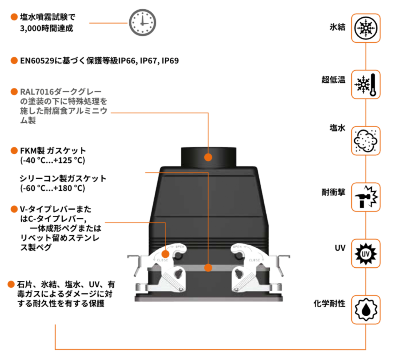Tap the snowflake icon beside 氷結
click(366, 28)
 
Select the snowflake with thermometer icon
click(366, 85)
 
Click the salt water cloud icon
click(366, 141)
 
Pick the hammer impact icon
click(366, 197)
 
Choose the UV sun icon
click(366, 253)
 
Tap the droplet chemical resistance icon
click(366, 310)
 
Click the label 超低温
click(334, 80)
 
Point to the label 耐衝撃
click(334, 192)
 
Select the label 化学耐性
click(329, 304)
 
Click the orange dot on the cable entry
click(208, 157)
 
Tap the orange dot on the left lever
click(165, 254)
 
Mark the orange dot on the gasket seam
click(208, 267)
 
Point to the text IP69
click(170, 61)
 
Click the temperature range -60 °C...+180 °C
click(52, 188)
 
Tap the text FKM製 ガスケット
click(53, 150)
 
